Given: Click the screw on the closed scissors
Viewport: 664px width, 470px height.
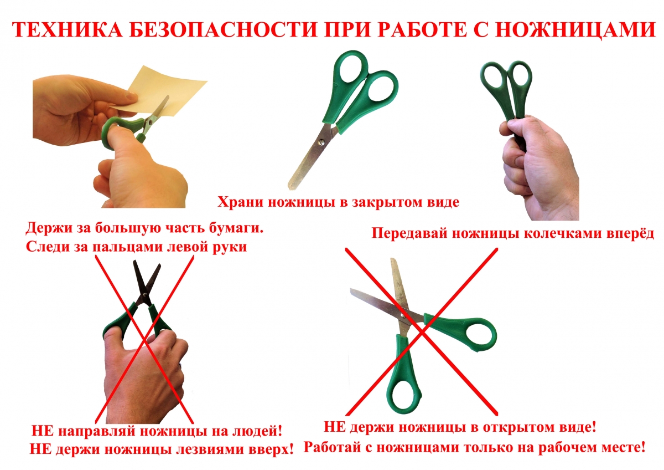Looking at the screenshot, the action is pyautogui.click(x=321, y=143).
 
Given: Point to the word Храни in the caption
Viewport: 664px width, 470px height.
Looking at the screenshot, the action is pyautogui.click(x=242, y=202).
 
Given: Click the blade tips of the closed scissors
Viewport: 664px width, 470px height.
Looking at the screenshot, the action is pyautogui.click(x=292, y=186).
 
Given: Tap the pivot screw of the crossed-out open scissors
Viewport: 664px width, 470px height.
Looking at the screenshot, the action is pyautogui.click(x=402, y=315).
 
